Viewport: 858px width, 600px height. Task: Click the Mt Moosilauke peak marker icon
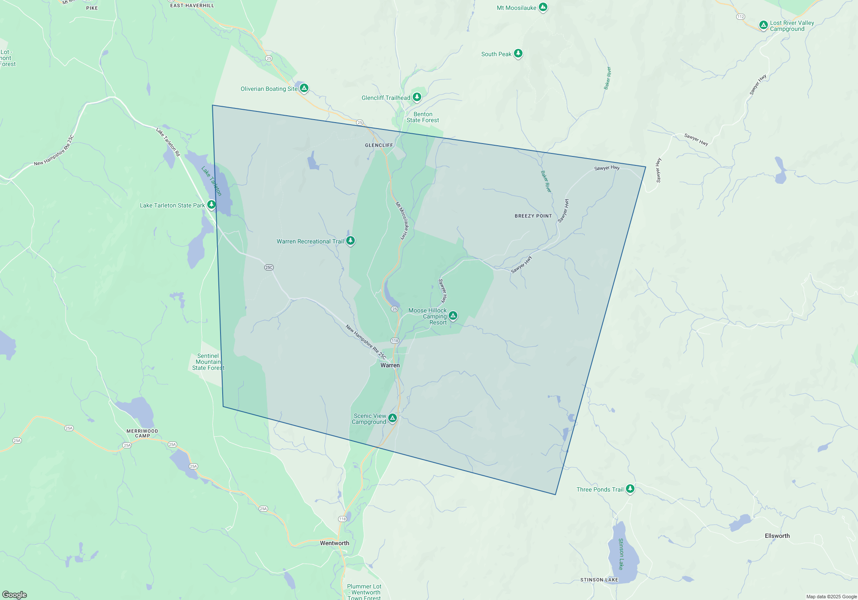pyautogui.click(x=543, y=7)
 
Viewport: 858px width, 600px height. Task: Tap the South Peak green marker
pyautogui.click(x=518, y=53)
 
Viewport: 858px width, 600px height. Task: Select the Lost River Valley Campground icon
pyautogui.click(x=763, y=25)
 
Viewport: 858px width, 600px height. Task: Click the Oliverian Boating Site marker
pyautogui.click(x=304, y=88)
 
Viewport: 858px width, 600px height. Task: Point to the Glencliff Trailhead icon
pyautogui.click(x=417, y=97)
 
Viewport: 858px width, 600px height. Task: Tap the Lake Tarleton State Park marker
pyautogui.click(x=211, y=204)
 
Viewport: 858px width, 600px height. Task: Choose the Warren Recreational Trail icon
pyautogui.click(x=350, y=240)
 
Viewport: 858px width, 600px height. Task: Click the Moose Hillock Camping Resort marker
pyautogui.click(x=453, y=316)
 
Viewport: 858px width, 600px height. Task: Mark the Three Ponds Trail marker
pyautogui.click(x=630, y=489)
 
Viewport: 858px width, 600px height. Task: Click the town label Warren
pyautogui.click(x=390, y=366)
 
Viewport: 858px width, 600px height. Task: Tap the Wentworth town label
pyautogui.click(x=335, y=543)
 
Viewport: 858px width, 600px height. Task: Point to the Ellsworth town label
pyautogui.click(x=777, y=536)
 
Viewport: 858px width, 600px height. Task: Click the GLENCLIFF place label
pyautogui.click(x=379, y=145)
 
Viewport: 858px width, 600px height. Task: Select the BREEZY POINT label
pyautogui.click(x=533, y=216)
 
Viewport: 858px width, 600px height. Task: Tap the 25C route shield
pyautogui.click(x=269, y=267)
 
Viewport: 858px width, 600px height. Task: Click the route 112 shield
pyautogui.click(x=740, y=17)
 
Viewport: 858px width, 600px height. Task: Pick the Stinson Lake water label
pyautogui.click(x=621, y=554)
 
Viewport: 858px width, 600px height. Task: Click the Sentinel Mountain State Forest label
pyautogui.click(x=208, y=362)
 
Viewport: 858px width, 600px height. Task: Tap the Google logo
pyautogui.click(x=15, y=595)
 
